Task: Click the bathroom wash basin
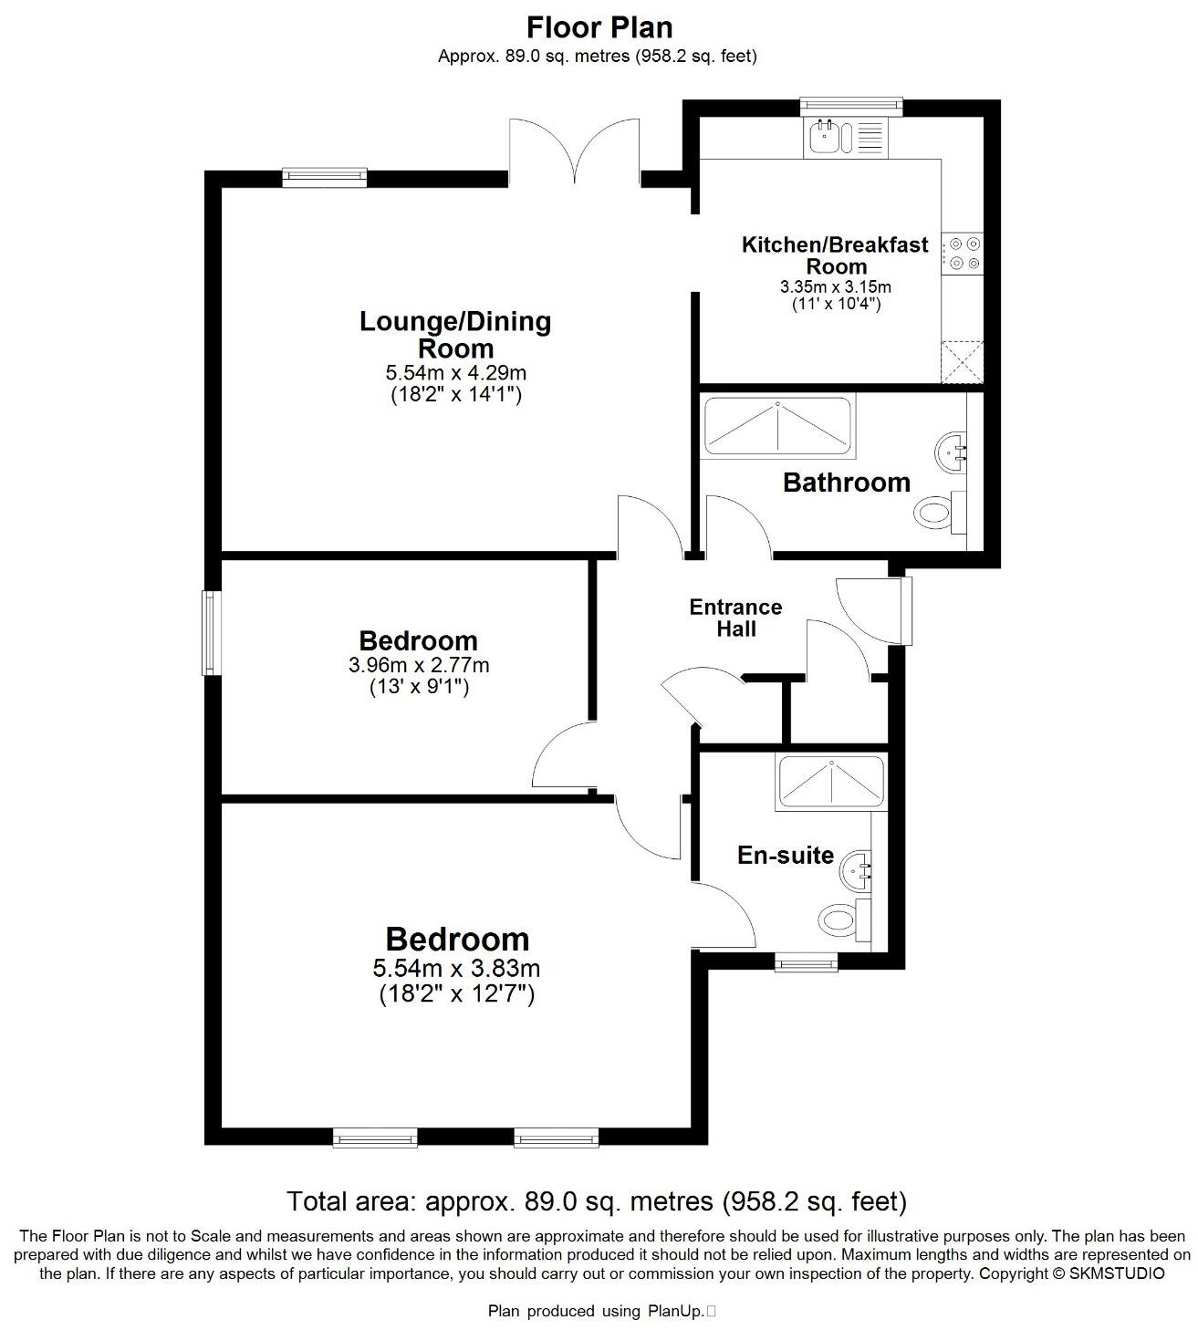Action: coord(952,452)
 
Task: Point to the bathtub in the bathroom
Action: coord(777,427)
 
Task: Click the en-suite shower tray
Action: coord(829,782)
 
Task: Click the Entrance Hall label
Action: coord(735,618)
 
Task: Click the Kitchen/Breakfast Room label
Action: coord(835,255)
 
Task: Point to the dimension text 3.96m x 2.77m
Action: coord(419,666)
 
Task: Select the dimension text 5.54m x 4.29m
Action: coord(456,373)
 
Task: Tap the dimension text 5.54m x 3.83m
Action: coord(456,968)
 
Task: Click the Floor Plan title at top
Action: coord(599,26)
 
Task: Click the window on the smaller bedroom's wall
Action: coord(211,633)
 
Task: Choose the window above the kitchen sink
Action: coord(851,107)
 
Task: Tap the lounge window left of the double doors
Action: coord(324,177)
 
